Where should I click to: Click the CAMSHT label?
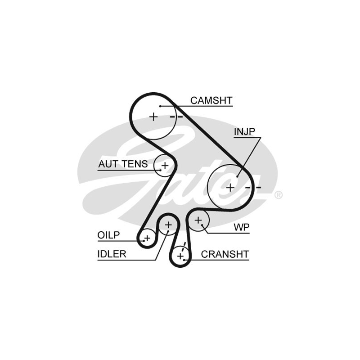211,100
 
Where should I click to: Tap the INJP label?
244,131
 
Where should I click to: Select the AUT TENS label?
123,164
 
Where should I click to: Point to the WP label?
241,227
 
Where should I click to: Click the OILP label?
108,235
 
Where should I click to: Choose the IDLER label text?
112,254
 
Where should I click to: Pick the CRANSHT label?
225,254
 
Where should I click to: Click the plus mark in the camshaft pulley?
153,117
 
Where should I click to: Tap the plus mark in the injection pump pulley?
230,187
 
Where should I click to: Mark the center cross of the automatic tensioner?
165,166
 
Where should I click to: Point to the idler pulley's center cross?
168,224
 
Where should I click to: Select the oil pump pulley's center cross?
147,237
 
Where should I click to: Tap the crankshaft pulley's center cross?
180,256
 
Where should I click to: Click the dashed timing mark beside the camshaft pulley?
176,117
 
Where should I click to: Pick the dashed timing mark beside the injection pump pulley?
254,187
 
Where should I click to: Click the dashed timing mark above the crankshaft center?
184,246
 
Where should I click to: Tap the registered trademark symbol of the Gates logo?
279,195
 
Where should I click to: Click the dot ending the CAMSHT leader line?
160,105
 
